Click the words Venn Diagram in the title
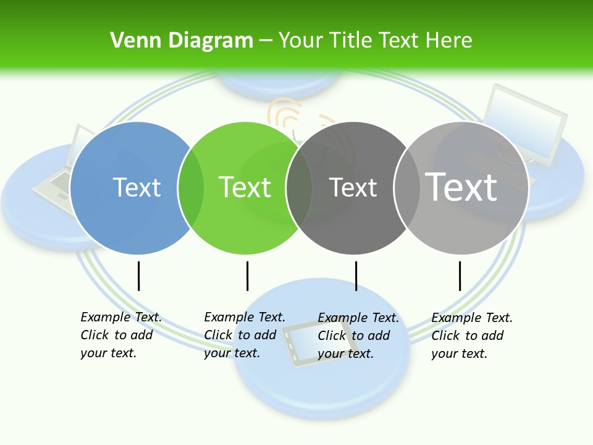(x=181, y=40)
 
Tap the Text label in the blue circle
(x=137, y=187)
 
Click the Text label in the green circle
(x=245, y=187)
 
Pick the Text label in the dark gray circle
(x=353, y=187)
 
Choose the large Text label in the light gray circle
(x=461, y=187)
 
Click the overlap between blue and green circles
(x=190, y=187)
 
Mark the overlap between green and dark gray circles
(x=299, y=187)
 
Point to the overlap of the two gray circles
(x=406, y=187)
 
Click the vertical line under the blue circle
(x=138, y=276)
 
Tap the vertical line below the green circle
(x=247, y=276)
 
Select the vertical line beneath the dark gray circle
(x=356, y=276)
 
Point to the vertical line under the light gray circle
(x=460, y=276)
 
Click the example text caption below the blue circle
(x=120, y=335)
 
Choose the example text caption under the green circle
(x=244, y=335)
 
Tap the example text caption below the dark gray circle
(x=358, y=336)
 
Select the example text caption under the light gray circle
(x=471, y=336)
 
